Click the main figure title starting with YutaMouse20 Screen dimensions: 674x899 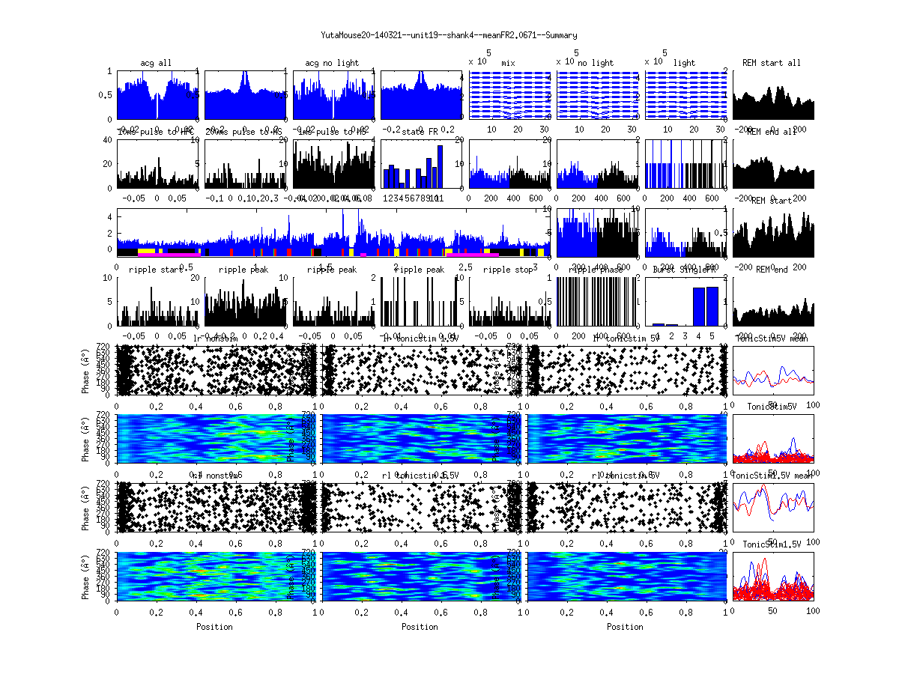449,35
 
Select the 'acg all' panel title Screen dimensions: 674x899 157,63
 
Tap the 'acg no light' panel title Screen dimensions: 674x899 332,63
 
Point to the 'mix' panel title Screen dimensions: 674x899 509,63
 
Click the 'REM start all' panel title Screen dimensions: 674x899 772,63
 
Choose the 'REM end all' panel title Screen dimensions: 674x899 772,132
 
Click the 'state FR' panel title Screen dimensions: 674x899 420,132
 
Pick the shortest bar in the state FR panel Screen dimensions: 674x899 402,185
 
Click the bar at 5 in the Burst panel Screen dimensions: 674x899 712,306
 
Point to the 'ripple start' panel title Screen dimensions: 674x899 157,270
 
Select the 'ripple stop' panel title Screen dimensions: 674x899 509,270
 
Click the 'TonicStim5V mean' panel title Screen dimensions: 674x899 772,338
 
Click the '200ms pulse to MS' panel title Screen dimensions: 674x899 244,132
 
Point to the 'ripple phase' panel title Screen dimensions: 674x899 596,270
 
